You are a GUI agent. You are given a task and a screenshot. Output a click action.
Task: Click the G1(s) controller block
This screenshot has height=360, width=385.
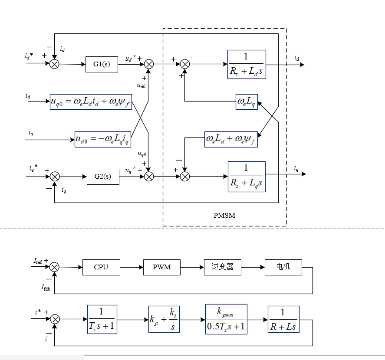click(102, 64)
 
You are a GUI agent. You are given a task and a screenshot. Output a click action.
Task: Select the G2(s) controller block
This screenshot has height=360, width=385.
click(103, 176)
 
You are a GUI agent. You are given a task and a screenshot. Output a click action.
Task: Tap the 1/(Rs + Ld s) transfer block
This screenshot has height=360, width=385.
click(246, 64)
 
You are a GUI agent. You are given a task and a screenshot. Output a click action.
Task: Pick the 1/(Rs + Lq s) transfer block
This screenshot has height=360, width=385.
click(247, 177)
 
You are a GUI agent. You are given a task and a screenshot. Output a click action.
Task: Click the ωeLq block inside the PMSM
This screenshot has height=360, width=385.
click(247, 101)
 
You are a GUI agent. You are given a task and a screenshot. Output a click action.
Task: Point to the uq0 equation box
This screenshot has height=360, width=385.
click(91, 101)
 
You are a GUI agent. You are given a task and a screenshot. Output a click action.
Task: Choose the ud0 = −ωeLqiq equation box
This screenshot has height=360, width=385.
click(102, 139)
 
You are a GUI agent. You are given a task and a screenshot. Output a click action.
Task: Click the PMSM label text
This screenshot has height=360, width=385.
click(224, 215)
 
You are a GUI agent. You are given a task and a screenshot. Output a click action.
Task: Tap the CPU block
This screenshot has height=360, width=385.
click(101, 267)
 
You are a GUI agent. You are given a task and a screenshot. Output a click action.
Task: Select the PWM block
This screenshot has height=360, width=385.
click(162, 267)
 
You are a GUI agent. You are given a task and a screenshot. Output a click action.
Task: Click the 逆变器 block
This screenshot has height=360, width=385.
click(222, 267)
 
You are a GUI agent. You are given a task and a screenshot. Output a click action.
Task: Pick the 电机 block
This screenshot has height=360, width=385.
click(283, 267)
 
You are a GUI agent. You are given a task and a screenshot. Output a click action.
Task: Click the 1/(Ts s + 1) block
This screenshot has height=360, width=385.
click(102, 320)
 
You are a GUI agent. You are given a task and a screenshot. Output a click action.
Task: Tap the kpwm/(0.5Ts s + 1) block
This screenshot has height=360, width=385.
click(226, 320)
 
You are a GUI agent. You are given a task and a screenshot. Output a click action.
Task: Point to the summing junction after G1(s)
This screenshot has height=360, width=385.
click(149, 64)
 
